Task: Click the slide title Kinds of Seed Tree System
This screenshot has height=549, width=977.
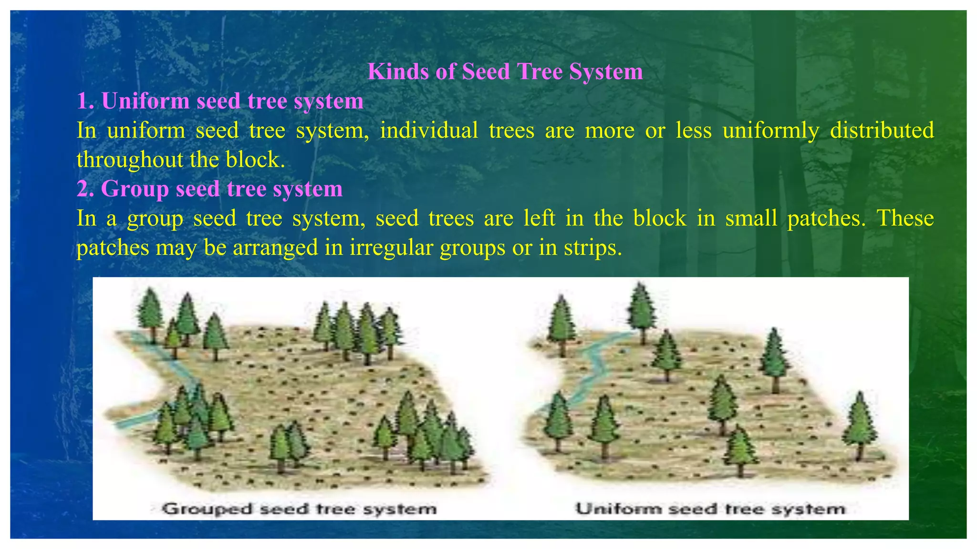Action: tap(505, 72)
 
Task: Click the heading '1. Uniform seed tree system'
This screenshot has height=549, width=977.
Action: tap(220, 101)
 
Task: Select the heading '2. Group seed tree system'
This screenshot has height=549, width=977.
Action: tap(209, 189)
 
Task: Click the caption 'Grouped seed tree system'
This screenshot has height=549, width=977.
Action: tap(299, 508)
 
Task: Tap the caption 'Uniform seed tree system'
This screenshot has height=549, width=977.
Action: tap(710, 508)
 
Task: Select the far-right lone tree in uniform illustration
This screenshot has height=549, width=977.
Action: tap(859, 424)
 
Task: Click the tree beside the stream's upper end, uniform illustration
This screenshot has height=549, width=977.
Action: tap(641, 310)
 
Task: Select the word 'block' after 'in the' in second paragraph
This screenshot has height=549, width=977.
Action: tap(659, 218)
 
